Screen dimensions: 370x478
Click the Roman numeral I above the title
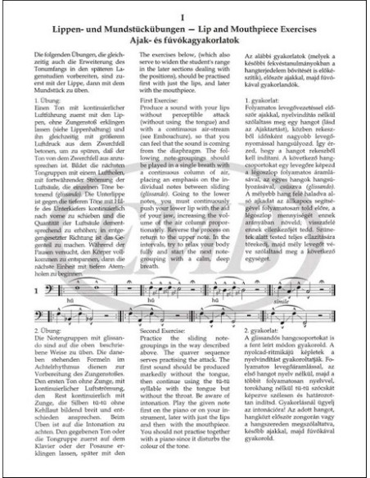[185, 14]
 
